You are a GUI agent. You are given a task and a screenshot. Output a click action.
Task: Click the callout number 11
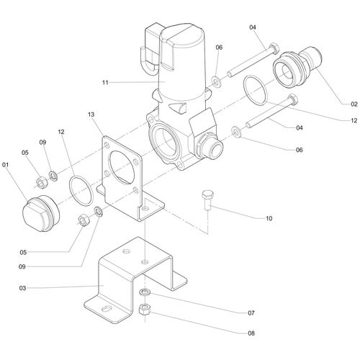(x=105, y=83)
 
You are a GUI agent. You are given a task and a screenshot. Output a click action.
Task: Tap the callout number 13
(x=91, y=114)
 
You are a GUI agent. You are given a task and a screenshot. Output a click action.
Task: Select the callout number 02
(x=354, y=104)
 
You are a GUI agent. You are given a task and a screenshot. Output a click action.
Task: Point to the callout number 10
(x=269, y=218)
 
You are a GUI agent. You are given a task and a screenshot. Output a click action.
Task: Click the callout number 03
(x=22, y=288)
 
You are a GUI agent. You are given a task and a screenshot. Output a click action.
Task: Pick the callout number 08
(x=251, y=333)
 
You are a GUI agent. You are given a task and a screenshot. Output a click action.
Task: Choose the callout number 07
(x=251, y=313)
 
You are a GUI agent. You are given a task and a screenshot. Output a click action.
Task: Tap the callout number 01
(x=5, y=165)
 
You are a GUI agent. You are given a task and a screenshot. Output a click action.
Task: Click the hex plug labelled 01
(x=40, y=215)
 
